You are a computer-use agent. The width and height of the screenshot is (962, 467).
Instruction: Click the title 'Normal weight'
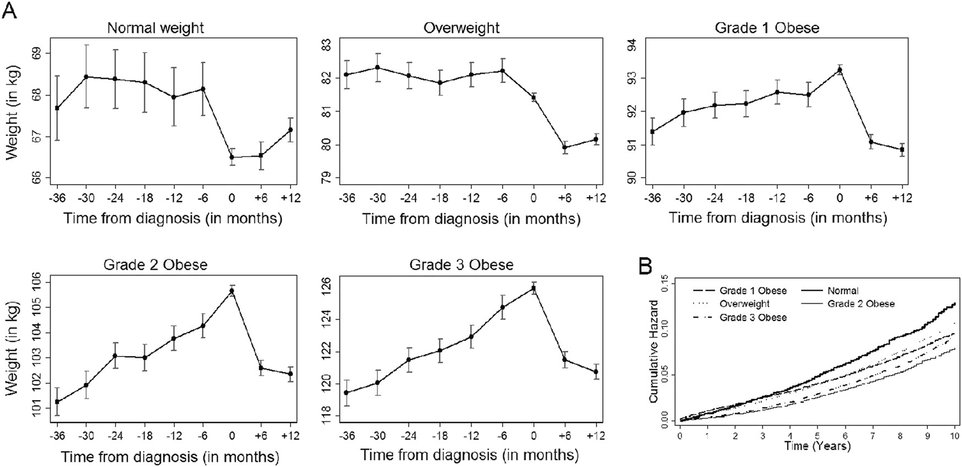pos(155,28)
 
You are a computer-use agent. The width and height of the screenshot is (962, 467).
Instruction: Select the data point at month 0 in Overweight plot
pos(533,97)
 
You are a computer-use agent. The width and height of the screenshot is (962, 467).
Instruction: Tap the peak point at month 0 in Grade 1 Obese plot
pos(839,70)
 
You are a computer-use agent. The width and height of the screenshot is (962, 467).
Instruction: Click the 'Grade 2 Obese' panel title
pos(155,265)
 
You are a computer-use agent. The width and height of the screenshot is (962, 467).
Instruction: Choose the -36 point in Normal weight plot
pos(57,108)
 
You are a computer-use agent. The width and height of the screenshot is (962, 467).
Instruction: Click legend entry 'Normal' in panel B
pos(843,291)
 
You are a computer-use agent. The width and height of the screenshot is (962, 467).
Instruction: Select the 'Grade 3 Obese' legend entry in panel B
pos(753,318)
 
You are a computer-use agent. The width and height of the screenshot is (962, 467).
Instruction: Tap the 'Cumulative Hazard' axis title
pos(654,351)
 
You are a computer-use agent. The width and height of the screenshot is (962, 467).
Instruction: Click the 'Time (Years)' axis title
pos(817,446)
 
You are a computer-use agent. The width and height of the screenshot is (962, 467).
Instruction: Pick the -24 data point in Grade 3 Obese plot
pos(408,359)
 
